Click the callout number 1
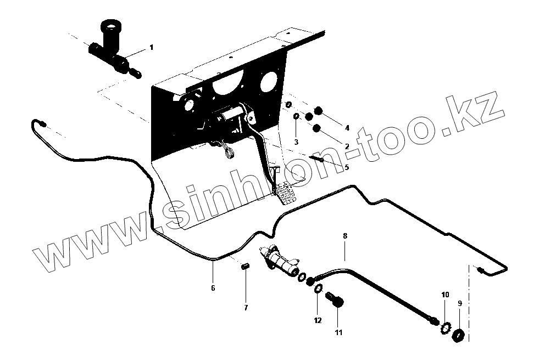[152, 48]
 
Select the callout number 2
[347, 146]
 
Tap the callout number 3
[296, 142]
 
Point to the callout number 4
[347, 128]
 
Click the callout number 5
[346, 167]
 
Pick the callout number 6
[213, 287]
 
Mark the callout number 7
[246, 307]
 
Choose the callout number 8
[345, 236]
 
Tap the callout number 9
[460, 302]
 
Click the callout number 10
[445, 295]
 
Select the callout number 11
[338, 332]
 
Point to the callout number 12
[316, 320]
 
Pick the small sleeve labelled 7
[246, 267]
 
